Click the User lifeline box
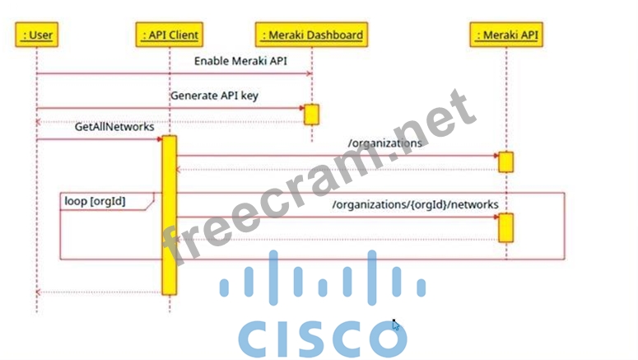coord(36,35)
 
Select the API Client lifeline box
coord(170,35)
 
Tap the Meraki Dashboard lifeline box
coord(312,35)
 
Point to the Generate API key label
coord(214,96)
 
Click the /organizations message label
coord(385,143)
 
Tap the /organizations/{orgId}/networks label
coord(415,204)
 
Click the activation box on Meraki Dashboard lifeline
coord(312,115)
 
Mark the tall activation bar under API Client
coord(169,214)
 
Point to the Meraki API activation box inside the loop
coord(506,227)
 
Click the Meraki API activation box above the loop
coord(506,161)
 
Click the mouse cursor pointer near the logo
coord(395,325)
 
